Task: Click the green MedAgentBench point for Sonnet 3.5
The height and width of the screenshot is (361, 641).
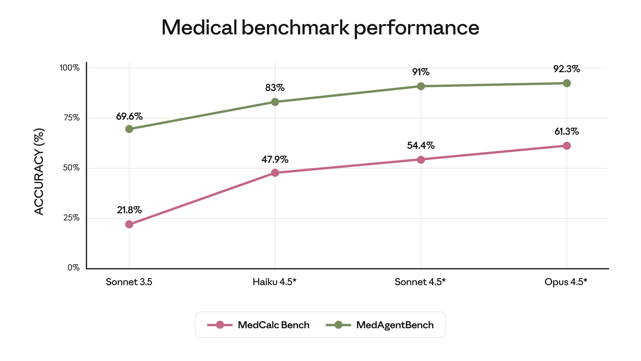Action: point(129,129)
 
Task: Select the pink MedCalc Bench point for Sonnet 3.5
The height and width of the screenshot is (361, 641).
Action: point(129,224)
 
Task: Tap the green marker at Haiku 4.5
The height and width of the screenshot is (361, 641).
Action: point(275,102)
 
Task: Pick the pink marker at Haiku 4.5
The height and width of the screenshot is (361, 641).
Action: point(275,173)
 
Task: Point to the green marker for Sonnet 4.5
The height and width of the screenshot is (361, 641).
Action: point(421,86)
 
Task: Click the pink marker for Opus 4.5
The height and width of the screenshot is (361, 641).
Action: point(567,146)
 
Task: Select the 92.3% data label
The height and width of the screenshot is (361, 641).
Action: point(567,69)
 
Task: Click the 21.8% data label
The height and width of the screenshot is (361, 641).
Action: point(129,210)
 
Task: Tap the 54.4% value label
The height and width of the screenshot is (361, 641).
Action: point(421,145)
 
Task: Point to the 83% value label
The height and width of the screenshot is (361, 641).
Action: point(275,88)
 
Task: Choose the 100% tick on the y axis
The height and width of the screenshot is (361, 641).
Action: point(69,68)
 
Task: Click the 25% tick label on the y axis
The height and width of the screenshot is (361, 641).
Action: point(71,218)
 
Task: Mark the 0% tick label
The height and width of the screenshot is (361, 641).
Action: point(73,268)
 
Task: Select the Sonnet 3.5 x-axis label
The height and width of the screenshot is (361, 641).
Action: point(129,282)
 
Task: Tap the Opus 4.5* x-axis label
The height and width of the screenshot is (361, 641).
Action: point(566,282)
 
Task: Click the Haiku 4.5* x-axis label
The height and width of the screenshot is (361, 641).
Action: point(274,282)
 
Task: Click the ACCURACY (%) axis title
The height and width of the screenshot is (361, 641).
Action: point(39,171)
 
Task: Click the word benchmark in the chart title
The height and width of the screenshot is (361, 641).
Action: point(295,27)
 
